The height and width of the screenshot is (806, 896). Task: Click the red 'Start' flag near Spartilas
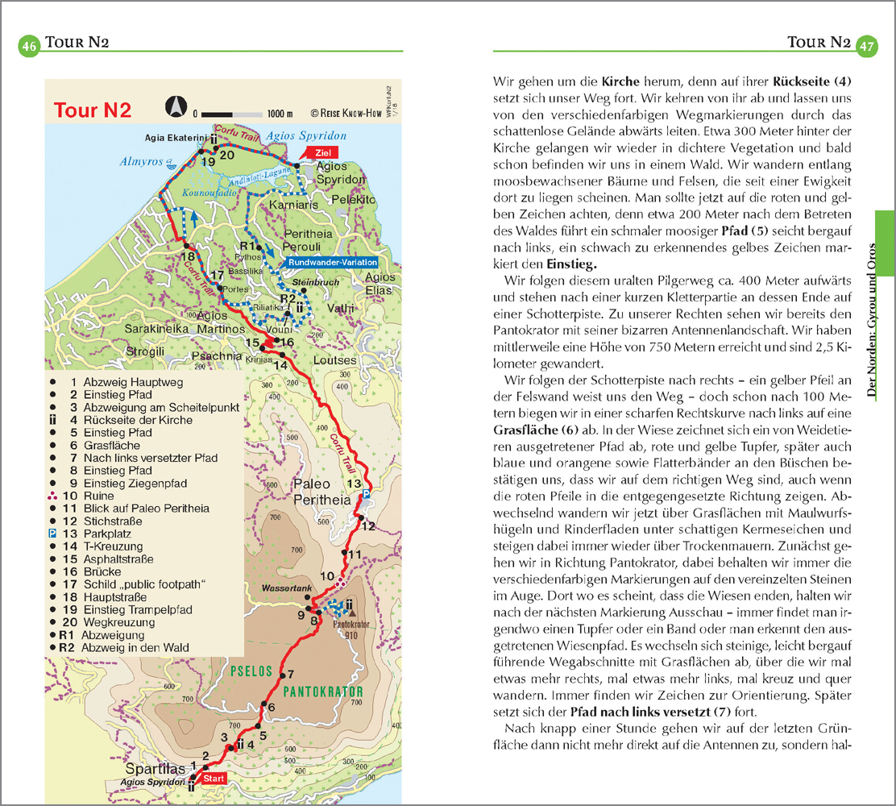[x=214, y=779]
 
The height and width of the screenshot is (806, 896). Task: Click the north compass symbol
[x=173, y=106]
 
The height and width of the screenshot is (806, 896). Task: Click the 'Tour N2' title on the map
[x=93, y=110]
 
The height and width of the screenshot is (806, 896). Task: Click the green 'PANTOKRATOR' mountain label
[x=323, y=692]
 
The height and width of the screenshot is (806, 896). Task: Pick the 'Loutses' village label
[x=334, y=361]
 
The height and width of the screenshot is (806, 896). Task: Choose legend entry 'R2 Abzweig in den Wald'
[x=120, y=647]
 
